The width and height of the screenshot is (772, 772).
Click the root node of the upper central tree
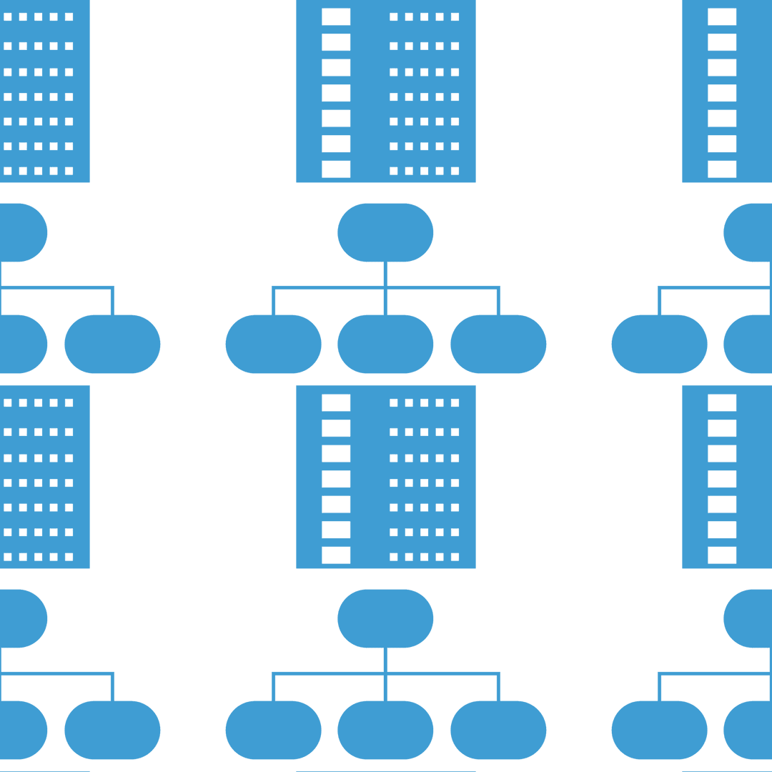tap(385, 232)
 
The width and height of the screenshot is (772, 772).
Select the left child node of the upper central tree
tap(273, 344)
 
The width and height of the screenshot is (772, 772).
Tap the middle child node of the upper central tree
tap(385, 344)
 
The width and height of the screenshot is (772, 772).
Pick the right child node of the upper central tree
tap(498, 344)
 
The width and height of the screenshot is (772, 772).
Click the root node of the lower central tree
tap(385, 618)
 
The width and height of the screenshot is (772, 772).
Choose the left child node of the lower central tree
tap(273, 730)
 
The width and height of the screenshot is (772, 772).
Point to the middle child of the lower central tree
tap(385, 730)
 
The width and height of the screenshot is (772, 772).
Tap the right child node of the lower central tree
tap(498, 730)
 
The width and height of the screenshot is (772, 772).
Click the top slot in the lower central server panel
tap(336, 402)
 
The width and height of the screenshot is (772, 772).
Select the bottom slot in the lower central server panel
tap(336, 555)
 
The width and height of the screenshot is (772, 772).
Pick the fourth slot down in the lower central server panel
tap(336, 479)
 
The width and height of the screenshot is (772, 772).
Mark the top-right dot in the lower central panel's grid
tap(455, 403)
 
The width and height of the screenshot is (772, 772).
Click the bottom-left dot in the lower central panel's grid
tap(394, 556)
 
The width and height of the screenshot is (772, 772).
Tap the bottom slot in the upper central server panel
tap(336, 169)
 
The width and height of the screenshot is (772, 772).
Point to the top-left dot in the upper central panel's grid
tap(394, 17)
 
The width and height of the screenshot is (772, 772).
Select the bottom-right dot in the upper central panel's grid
tap(455, 170)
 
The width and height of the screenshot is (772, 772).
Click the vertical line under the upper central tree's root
tap(385, 274)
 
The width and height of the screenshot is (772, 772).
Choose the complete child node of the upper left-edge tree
tap(112, 344)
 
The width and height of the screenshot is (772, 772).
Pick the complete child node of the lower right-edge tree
tap(659, 730)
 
